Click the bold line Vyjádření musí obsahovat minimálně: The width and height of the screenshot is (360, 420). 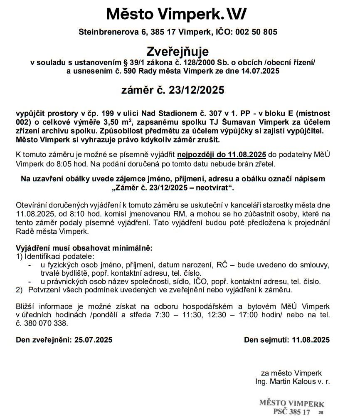pyautogui.click(x=84, y=248)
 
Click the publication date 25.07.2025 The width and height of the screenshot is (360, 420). pyautogui.click(x=93, y=340)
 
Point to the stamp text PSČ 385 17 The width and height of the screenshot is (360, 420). pyautogui.click(x=291, y=412)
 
